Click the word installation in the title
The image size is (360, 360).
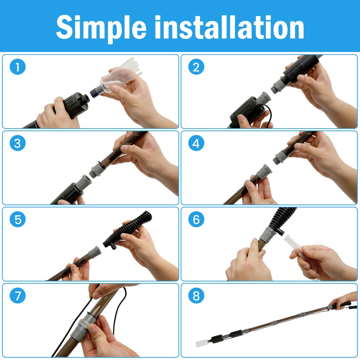pos(229,27)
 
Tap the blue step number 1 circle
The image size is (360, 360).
pos(18,67)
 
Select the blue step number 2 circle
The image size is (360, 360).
pos(196,67)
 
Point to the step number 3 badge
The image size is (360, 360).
pos(18,143)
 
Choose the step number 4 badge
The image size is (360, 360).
pos(196,143)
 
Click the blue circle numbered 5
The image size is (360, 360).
pos(18,219)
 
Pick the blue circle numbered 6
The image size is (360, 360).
pos(196,219)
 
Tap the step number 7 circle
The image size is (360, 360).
pos(18,295)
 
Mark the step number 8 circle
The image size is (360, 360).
pos(196,295)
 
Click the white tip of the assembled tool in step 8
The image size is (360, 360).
pos(200,343)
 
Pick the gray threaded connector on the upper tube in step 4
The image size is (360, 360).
pos(281,156)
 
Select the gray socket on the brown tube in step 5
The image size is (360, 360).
pos(95,252)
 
